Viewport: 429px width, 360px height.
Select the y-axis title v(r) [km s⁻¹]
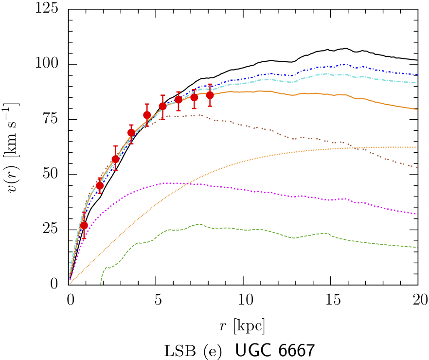pyautogui.click(x=15, y=146)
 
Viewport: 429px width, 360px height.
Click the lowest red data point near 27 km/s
pyautogui.click(x=84, y=225)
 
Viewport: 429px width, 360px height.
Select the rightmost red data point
pyautogui.click(x=210, y=95)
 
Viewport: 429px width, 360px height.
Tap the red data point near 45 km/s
pyautogui.click(x=100, y=185)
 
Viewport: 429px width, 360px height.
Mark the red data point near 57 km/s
pyautogui.click(x=115, y=159)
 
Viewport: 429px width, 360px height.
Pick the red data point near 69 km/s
pyautogui.click(x=131, y=133)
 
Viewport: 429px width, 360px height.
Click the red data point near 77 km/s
pyautogui.click(x=147, y=115)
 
